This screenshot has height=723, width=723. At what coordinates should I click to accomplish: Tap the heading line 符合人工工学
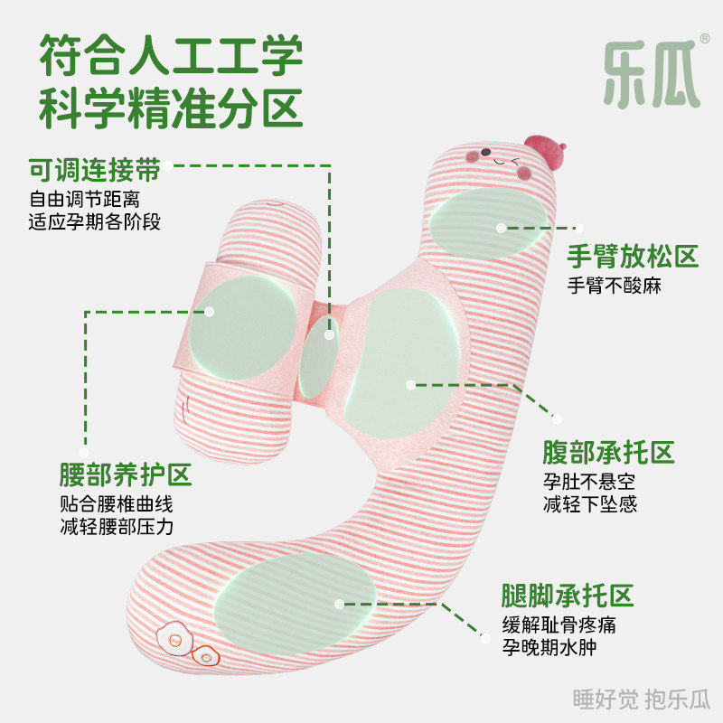coord(171,56)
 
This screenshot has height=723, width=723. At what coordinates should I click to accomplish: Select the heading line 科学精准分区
coord(171,109)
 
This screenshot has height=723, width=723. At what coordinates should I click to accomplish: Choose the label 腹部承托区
coord(608,452)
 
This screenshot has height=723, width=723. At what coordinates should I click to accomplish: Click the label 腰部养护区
coord(125,474)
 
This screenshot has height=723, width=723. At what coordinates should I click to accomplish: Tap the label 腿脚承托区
coord(568,596)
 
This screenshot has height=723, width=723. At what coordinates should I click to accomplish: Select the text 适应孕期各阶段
coord(95,221)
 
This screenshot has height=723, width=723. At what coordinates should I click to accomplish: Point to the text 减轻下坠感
coord(590,504)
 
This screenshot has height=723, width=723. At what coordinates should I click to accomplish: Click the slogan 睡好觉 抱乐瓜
coord(643,699)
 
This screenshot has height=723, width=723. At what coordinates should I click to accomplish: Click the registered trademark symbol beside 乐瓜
coord(705,41)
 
